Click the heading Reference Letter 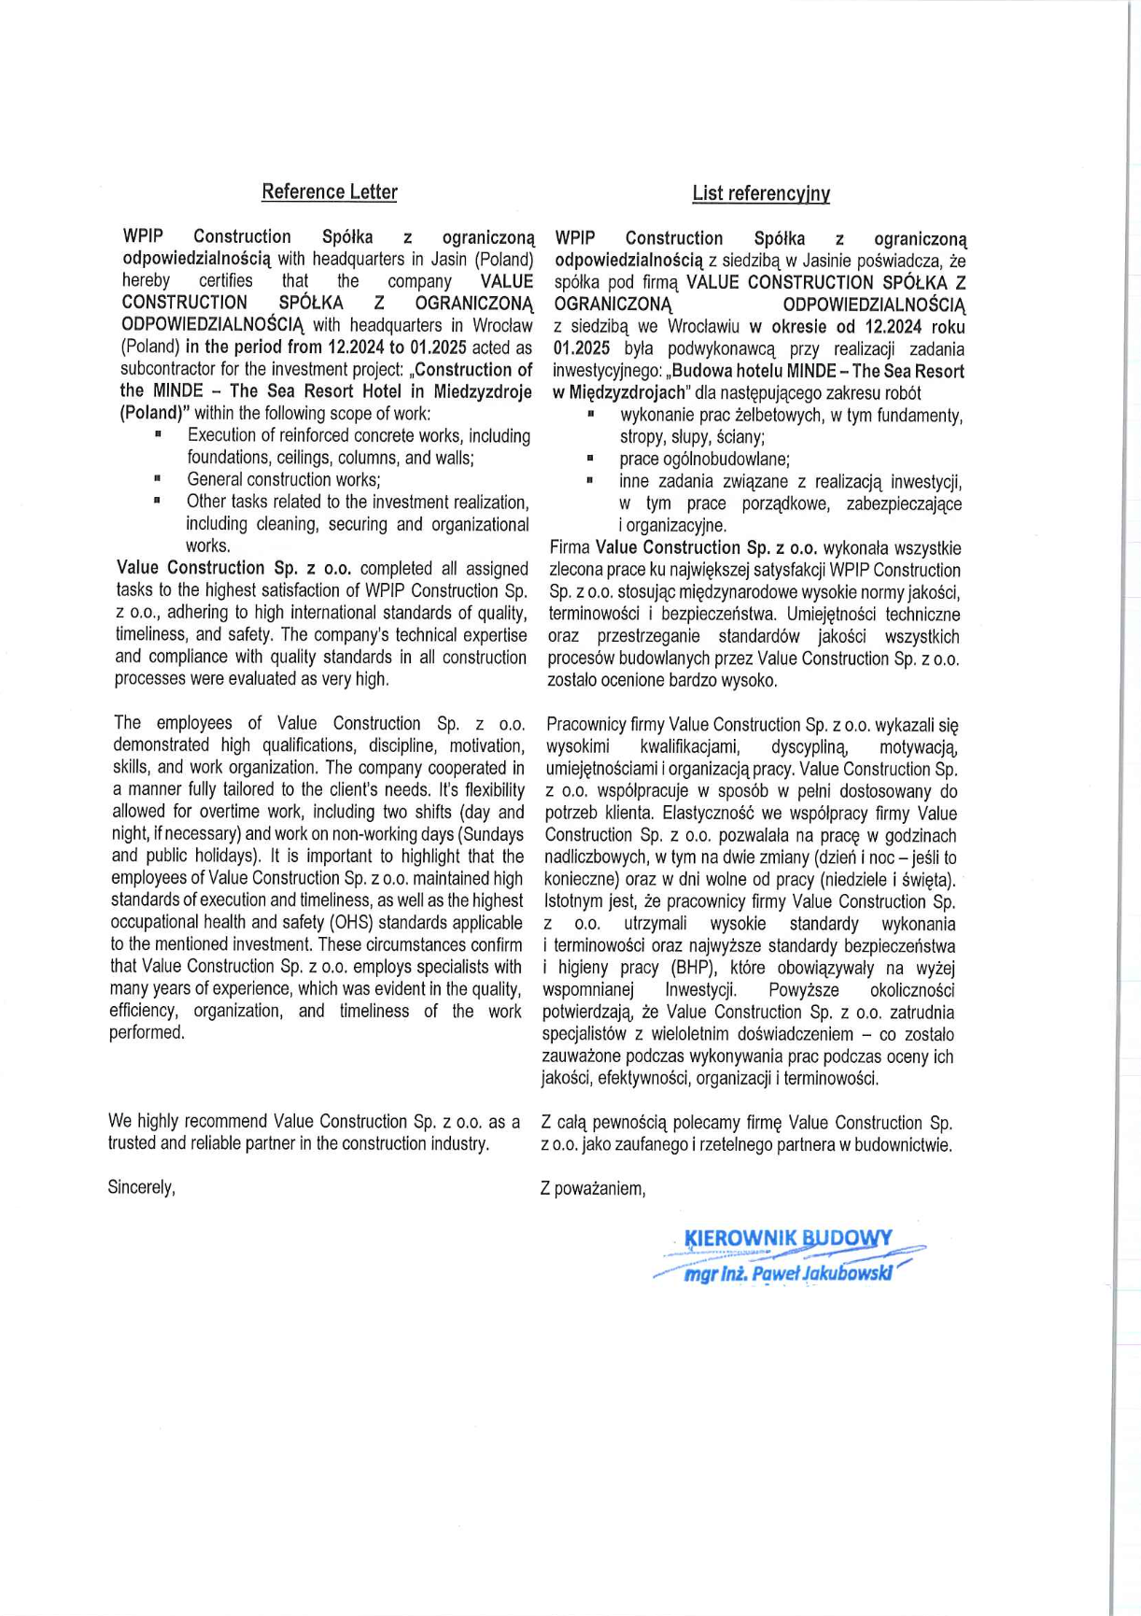coord(329,191)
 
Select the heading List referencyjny coord(761,193)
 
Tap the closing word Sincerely coord(141,1187)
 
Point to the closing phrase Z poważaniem coord(593,1189)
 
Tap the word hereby coord(146,280)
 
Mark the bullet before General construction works coord(158,479)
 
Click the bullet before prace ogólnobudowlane coord(590,459)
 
